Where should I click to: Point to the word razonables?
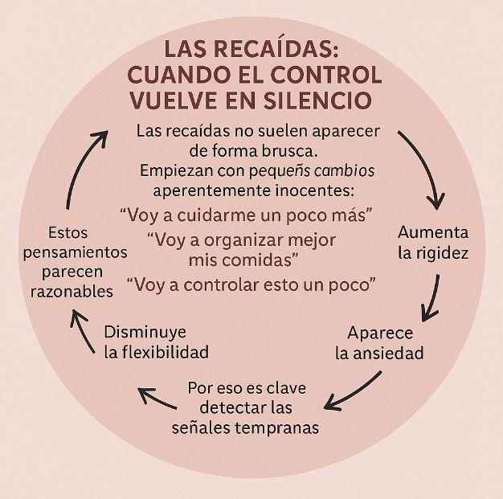coord(71,292)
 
